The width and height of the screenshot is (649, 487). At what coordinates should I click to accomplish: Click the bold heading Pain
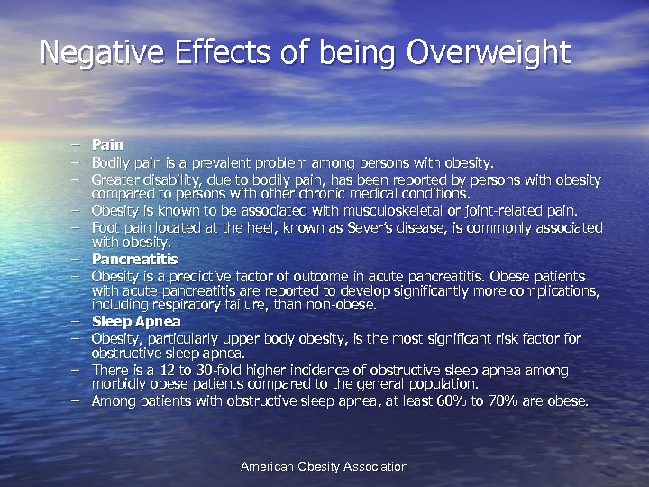(x=107, y=144)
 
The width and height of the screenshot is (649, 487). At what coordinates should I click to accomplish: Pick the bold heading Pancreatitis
(x=135, y=260)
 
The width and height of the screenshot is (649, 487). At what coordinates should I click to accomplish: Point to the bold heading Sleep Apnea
(x=136, y=322)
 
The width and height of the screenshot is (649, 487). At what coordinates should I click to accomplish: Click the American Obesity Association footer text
(x=324, y=467)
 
